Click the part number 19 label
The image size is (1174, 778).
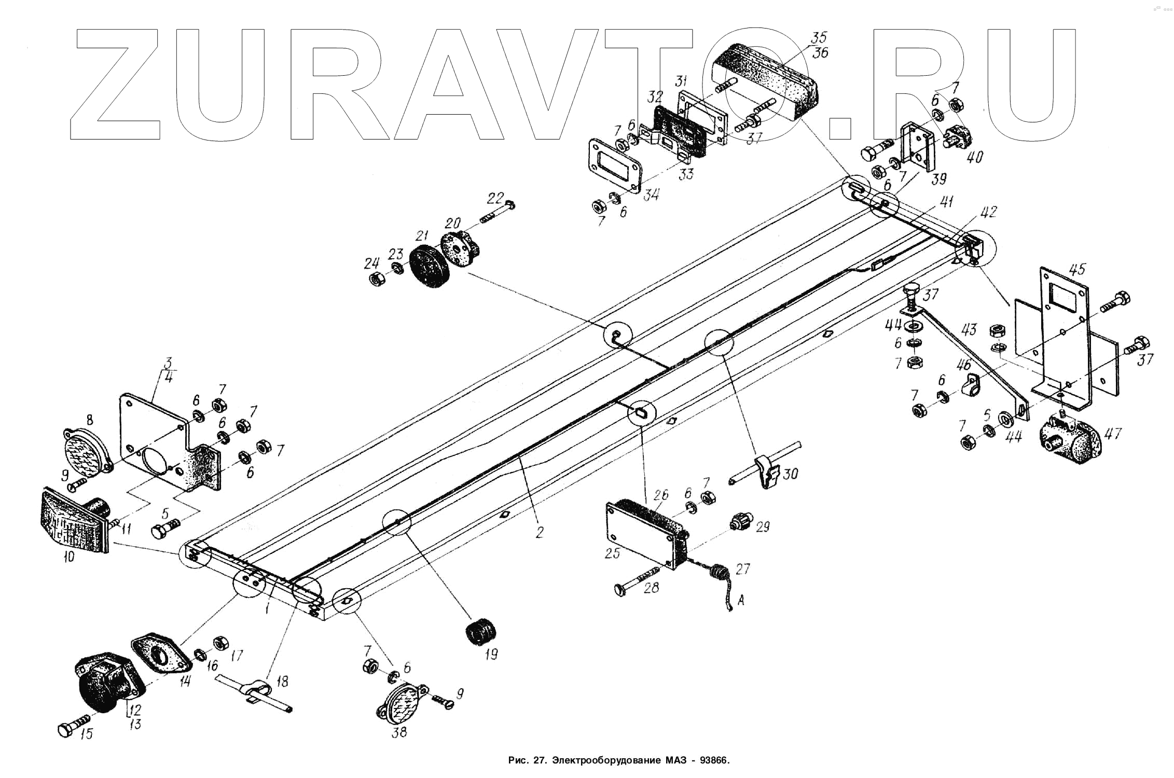coord(490,654)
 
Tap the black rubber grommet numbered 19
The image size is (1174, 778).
coord(479,632)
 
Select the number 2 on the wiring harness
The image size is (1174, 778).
coord(540,532)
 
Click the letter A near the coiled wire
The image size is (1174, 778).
coord(740,601)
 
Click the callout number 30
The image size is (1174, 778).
coord(790,473)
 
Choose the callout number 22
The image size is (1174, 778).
coord(495,198)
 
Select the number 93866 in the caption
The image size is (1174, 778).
coord(714,761)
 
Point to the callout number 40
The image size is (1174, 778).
coord(974,157)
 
